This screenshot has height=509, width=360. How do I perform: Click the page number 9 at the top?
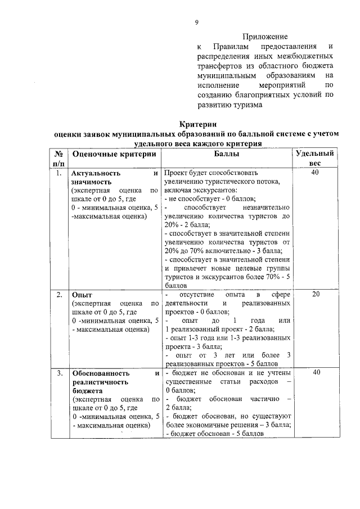click(x=196, y=22)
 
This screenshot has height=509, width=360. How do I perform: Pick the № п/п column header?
click(x=58, y=157)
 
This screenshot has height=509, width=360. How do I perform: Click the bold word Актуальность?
click(x=97, y=173)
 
